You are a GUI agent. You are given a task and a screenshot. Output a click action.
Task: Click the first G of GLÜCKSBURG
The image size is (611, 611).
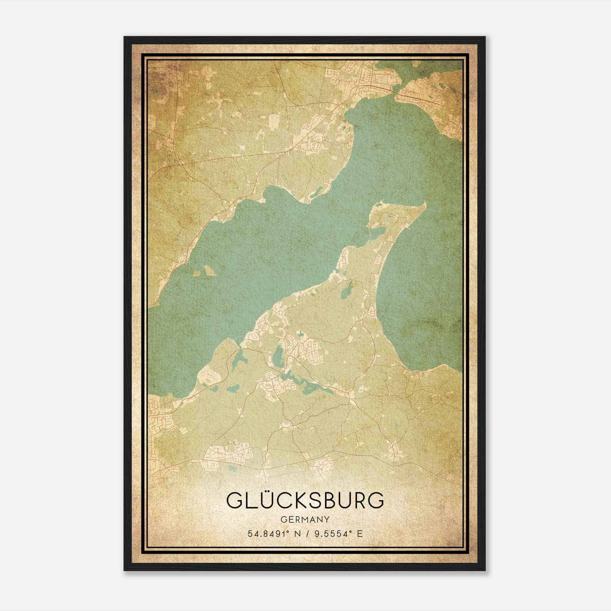pos(234,500)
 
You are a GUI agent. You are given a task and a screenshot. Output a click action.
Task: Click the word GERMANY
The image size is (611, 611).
pos(305,520)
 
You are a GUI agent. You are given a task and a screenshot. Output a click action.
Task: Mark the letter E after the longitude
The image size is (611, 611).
pos(359,534)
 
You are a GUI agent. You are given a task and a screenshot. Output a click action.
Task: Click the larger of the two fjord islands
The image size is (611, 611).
pos(210,271)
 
